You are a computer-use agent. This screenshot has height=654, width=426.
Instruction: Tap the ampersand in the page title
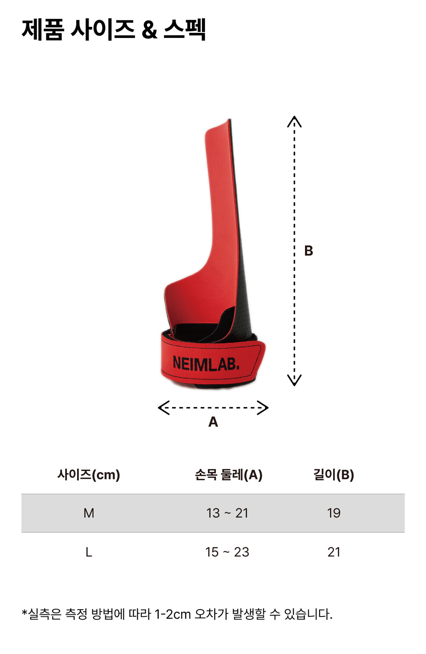(150, 30)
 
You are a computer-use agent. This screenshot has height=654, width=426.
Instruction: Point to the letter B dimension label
(308, 250)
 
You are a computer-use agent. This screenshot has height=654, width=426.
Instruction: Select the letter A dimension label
(213, 422)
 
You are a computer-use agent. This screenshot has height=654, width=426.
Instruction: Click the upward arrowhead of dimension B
(294, 121)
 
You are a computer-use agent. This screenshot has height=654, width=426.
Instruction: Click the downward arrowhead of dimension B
(294, 380)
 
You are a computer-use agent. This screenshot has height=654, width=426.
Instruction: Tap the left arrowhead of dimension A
(164, 407)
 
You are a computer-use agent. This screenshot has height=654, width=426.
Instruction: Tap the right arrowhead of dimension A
(262, 407)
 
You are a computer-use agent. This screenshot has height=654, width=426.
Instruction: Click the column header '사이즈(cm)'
(89, 475)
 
